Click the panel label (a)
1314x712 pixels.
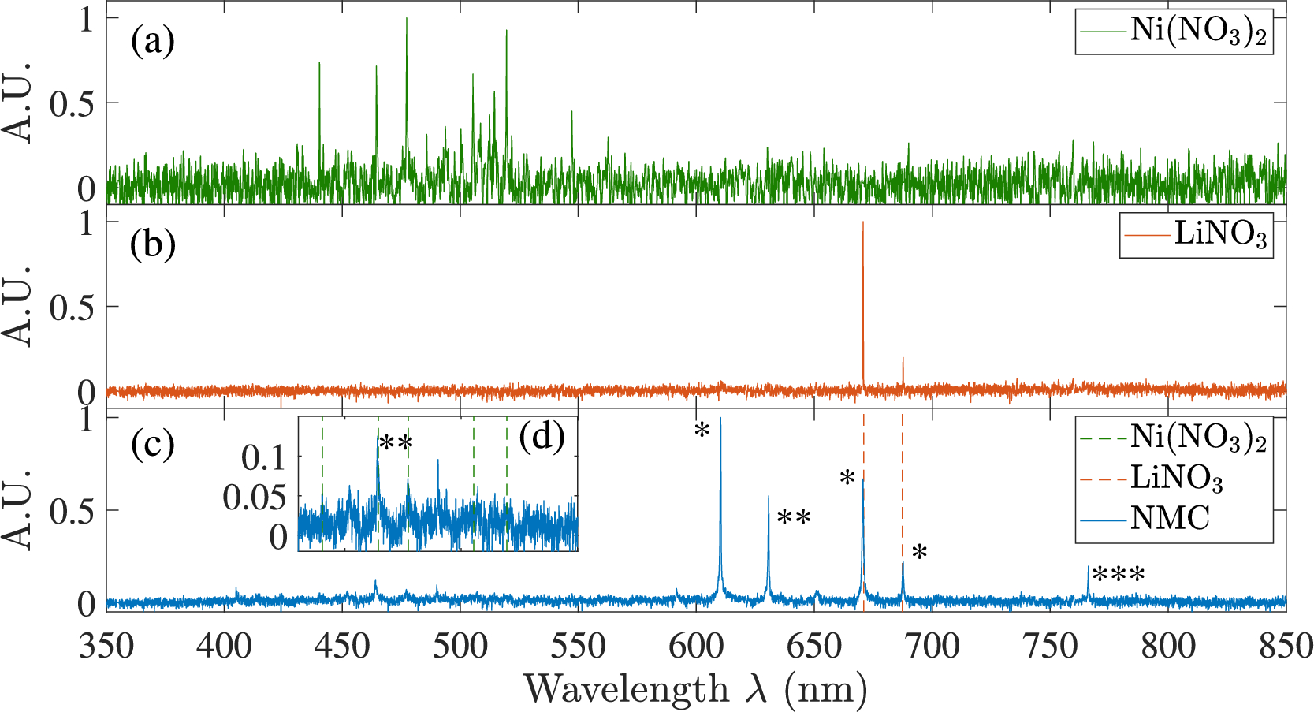coord(152,41)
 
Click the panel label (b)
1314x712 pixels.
coord(152,244)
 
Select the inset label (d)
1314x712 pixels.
coord(542,436)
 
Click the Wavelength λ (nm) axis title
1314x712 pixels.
coord(695,689)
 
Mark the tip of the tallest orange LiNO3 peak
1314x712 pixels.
coord(863,222)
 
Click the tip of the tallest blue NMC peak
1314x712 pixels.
coord(720,419)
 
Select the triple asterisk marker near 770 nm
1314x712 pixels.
coord(1119,576)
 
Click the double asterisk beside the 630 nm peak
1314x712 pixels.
coord(794,519)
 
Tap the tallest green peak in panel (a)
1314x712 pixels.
coord(407,18)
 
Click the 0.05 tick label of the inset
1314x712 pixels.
coord(254,498)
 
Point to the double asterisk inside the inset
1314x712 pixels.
coord(396,443)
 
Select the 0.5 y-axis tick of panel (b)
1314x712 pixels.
coord(72,308)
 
